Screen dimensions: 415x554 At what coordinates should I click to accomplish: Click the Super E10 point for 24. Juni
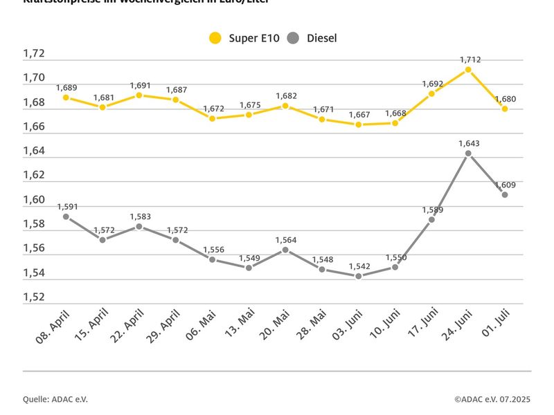pyautogui.click(x=468, y=70)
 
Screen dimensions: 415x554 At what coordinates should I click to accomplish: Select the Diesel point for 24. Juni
pyautogui.click(x=468, y=154)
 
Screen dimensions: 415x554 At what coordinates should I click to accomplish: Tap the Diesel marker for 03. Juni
pyautogui.click(x=358, y=276)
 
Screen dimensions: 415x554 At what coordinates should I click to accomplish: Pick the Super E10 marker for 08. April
pyautogui.click(x=66, y=98)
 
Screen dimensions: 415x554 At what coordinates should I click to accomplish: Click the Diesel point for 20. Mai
pyautogui.click(x=285, y=250)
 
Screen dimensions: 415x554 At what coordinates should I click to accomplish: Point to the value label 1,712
pyautogui.click(x=470, y=59)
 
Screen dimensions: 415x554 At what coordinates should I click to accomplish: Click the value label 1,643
pyautogui.click(x=469, y=143)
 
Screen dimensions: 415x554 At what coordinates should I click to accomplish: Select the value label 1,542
pyautogui.click(x=359, y=266)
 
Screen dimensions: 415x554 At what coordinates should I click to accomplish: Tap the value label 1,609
pyautogui.click(x=505, y=185)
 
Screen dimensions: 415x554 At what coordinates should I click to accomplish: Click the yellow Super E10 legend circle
pyautogui.click(x=216, y=38)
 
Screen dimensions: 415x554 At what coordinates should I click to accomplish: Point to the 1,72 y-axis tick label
pyautogui.click(x=34, y=54)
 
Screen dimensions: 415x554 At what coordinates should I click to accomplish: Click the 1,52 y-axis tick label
pyautogui.click(x=34, y=297)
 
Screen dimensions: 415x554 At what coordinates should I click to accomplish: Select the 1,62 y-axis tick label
pyautogui.click(x=34, y=176)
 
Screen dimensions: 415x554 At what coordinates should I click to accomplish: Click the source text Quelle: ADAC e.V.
pyautogui.click(x=55, y=399)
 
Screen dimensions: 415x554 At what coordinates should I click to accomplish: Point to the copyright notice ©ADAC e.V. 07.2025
pyautogui.click(x=492, y=399)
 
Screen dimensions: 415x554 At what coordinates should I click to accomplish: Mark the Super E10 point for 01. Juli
pyautogui.click(x=505, y=109)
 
